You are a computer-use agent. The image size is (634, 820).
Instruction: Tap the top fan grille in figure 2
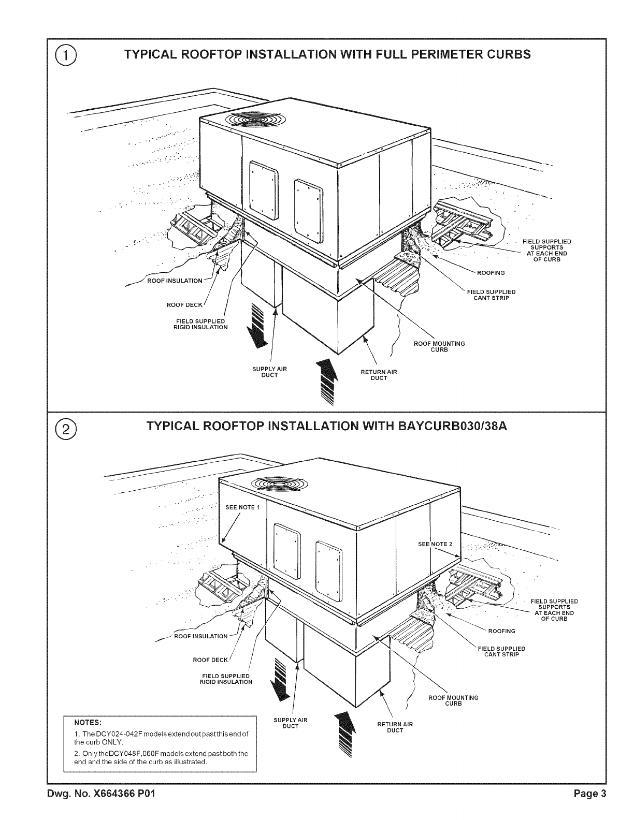click(280, 485)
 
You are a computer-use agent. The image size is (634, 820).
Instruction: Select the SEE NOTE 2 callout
click(435, 544)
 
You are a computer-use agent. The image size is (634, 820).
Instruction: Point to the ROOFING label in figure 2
click(501, 631)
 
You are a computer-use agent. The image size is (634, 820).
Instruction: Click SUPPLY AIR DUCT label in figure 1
click(269, 372)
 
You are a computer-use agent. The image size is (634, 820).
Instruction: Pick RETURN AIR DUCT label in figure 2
click(395, 727)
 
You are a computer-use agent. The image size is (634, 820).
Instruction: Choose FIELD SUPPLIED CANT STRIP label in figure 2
click(501, 651)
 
